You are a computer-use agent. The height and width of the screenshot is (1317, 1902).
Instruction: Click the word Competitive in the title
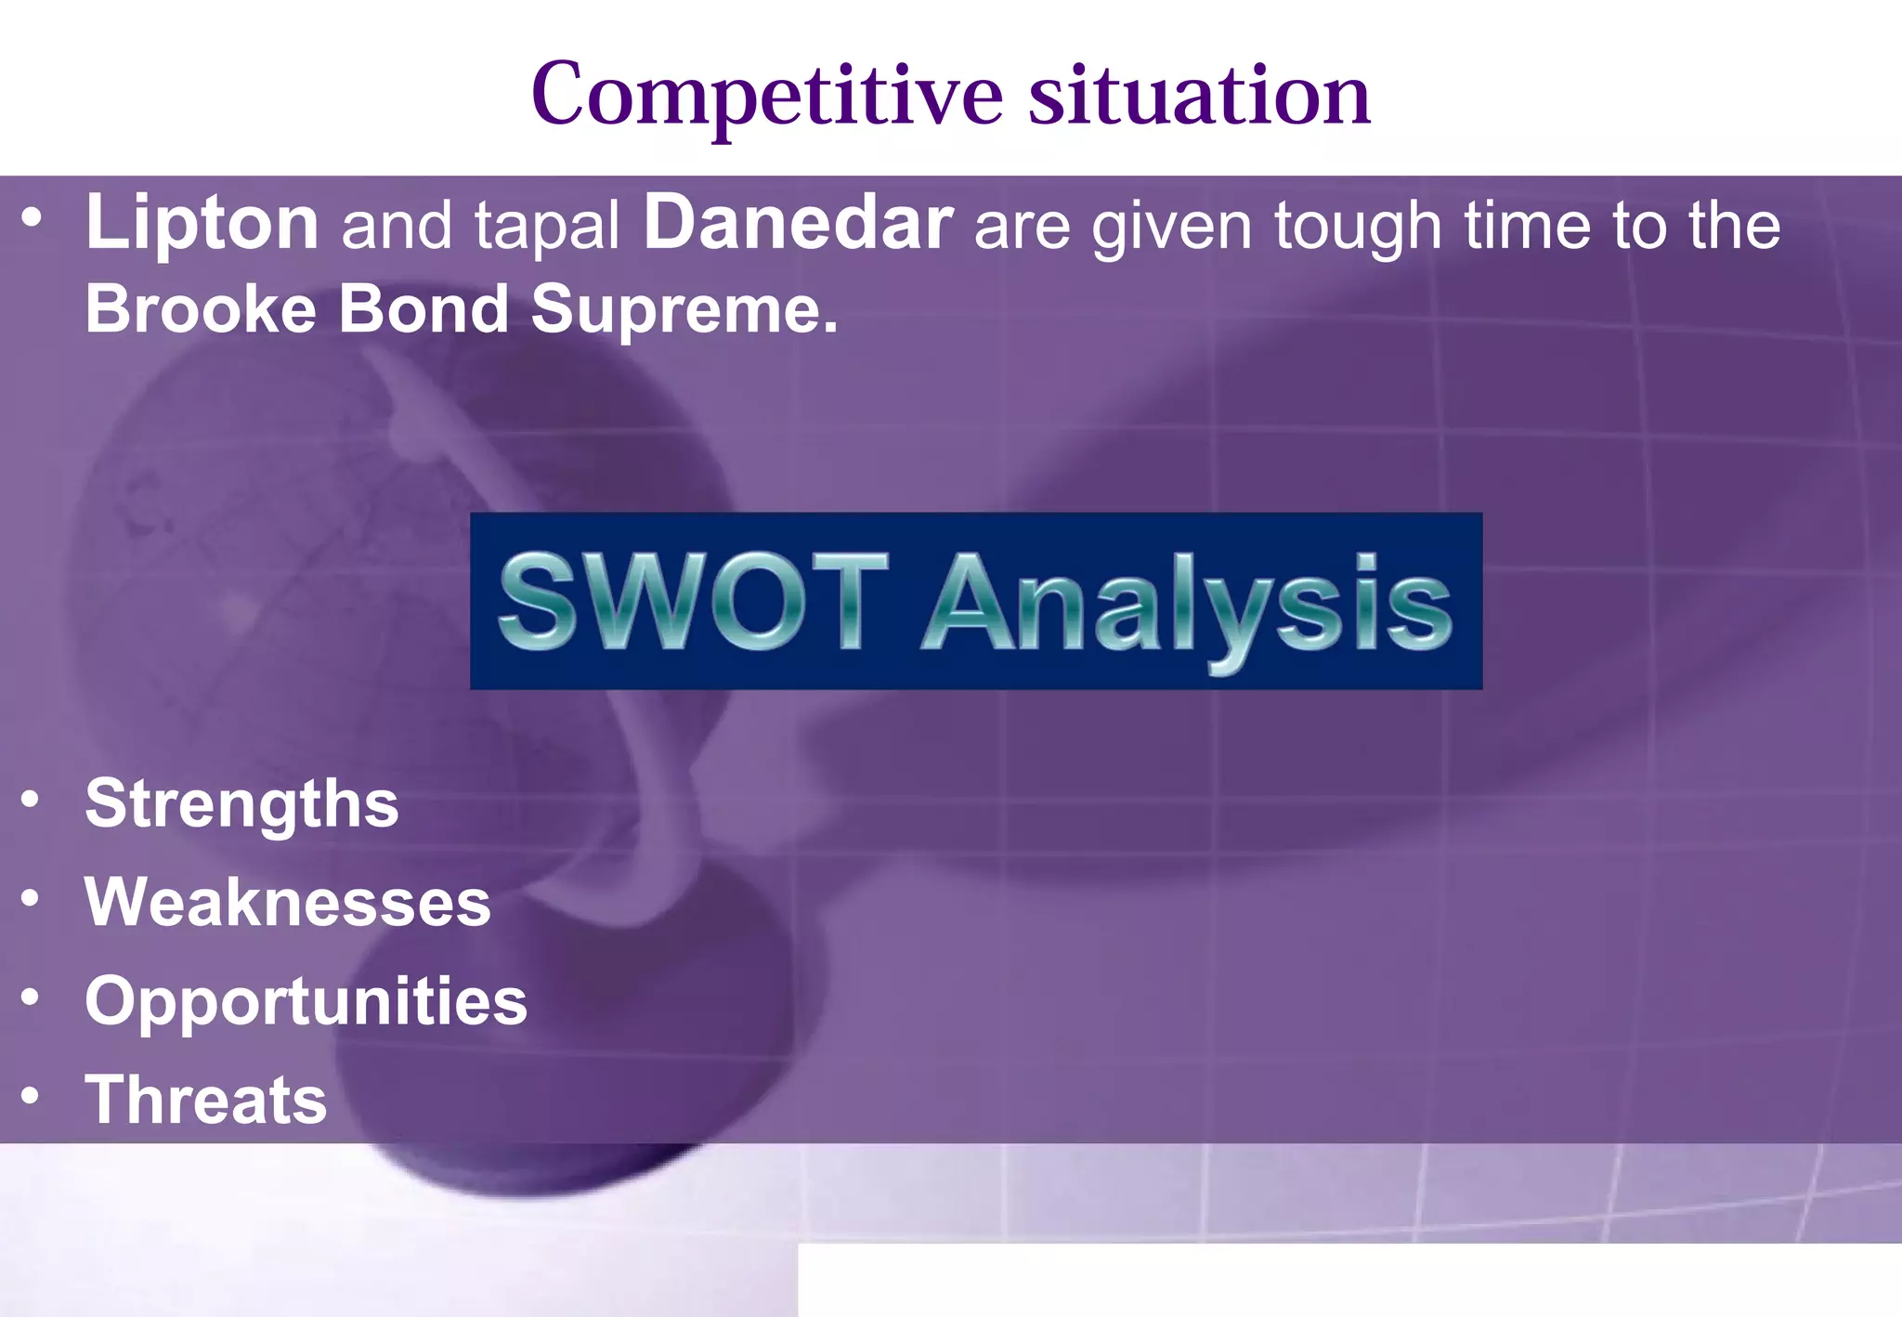coord(767,95)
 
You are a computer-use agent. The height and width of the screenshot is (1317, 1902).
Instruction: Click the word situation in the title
coord(1199,95)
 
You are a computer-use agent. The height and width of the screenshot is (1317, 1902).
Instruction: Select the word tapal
coord(547,227)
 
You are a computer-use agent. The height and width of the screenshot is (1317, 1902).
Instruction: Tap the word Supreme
coord(684,310)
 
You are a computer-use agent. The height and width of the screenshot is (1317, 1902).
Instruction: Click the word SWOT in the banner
coord(693,602)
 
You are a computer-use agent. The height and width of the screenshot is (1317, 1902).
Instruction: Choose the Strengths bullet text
coord(241,803)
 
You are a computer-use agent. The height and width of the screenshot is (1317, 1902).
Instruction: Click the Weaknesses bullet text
coord(288,902)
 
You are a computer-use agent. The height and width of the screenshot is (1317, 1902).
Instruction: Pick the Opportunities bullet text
coord(306,1002)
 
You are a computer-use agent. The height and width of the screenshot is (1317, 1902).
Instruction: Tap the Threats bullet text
coord(206,1100)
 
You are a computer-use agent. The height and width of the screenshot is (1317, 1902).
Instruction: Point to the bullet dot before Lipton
coord(32,219)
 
